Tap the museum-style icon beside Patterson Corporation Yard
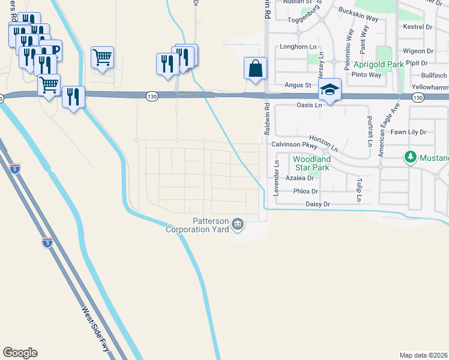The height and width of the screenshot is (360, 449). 238,224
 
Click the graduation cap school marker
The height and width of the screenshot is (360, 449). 329,89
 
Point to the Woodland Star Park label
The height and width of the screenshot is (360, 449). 312,163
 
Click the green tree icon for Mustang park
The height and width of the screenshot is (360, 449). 411,157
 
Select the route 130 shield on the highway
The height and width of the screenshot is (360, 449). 153,96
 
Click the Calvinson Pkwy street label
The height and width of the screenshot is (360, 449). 294,145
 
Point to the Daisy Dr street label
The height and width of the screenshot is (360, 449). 318,205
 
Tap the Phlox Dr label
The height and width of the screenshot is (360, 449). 306,191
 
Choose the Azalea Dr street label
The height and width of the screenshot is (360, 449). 300,178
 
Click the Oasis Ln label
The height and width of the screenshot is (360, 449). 310,104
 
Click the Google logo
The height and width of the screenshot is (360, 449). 20,353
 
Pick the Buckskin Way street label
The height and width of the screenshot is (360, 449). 358,14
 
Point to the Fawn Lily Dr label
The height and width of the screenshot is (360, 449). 408,131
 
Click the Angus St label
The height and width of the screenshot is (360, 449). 298,85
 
